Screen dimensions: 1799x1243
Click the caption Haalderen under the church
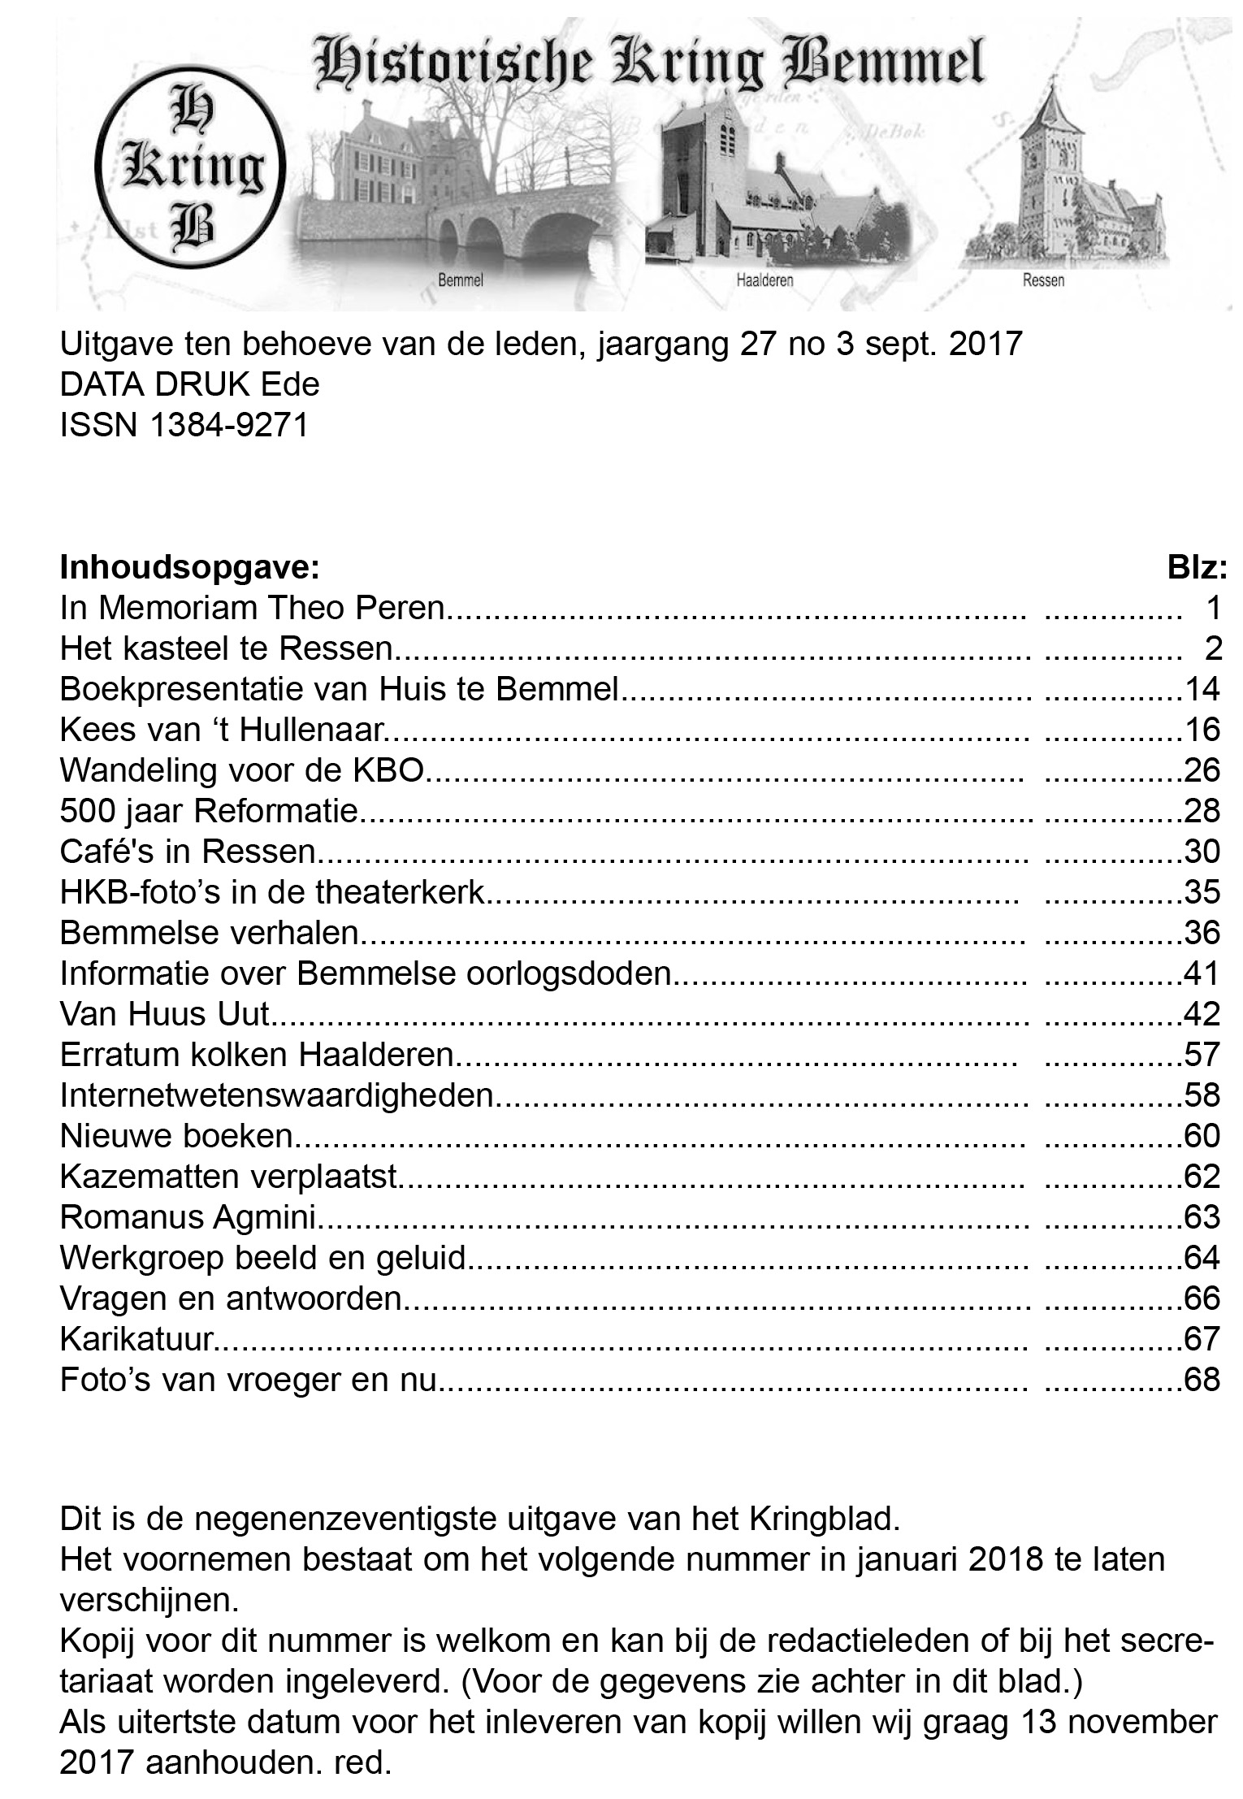764,281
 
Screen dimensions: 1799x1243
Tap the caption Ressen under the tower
1043,281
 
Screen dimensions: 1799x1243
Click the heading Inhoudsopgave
190,567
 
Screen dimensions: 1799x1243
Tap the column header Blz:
1197,567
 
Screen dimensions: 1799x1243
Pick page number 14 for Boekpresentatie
1202,689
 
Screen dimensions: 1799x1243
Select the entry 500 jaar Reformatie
210,811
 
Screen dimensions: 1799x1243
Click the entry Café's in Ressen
187,852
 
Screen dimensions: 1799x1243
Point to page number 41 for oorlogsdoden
1202,973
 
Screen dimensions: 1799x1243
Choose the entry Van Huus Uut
164,1014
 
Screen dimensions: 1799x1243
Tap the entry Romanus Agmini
188,1217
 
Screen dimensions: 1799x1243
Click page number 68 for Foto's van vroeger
1202,1380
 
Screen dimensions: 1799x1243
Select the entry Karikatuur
136,1339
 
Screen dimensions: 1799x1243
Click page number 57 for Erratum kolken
1202,1055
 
